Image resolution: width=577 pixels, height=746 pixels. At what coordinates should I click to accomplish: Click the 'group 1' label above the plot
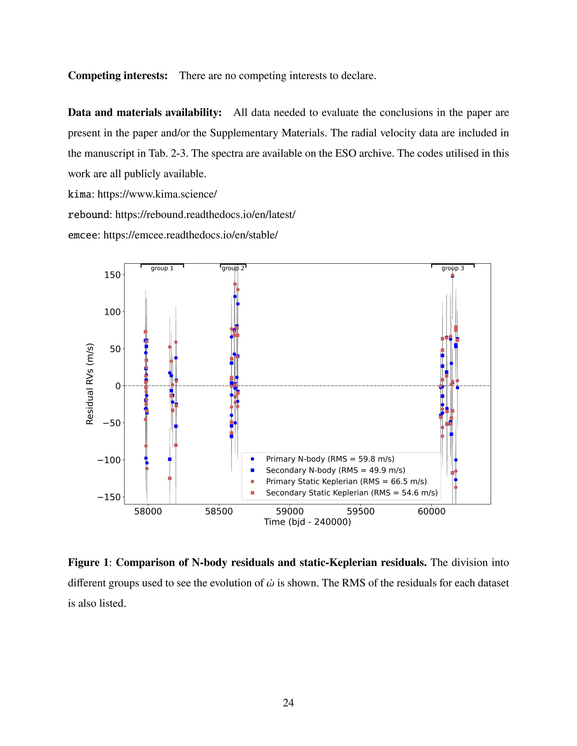tap(162, 268)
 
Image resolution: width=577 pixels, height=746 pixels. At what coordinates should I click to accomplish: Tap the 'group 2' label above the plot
tap(233, 268)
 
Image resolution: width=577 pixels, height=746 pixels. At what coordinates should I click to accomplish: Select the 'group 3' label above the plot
tap(452, 268)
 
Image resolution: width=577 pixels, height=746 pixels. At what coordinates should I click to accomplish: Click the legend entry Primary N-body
tap(330, 459)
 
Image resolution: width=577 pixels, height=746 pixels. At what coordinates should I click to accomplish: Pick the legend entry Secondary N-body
tap(335, 470)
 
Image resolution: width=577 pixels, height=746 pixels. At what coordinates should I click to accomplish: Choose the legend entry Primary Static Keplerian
tap(346, 481)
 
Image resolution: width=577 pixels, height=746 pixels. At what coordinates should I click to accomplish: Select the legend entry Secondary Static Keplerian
tap(351, 493)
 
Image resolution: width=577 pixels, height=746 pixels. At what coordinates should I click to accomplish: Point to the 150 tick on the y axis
tap(112, 275)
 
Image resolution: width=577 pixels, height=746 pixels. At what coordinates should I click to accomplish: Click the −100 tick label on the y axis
tap(109, 460)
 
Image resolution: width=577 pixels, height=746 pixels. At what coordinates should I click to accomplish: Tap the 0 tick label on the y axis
tap(118, 386)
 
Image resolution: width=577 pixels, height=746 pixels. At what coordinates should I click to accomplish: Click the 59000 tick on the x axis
tap(290, 511)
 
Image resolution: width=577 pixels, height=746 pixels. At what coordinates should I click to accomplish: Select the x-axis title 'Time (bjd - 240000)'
tap(307, 522)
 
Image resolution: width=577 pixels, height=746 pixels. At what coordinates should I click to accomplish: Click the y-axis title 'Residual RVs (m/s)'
tap(90, 384)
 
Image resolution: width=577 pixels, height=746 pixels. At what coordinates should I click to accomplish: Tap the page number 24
tap(288, 703)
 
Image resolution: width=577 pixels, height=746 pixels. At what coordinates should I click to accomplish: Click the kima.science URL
tap(157, 194)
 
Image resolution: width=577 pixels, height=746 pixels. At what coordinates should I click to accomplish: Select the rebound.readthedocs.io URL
tap(205, 215)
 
